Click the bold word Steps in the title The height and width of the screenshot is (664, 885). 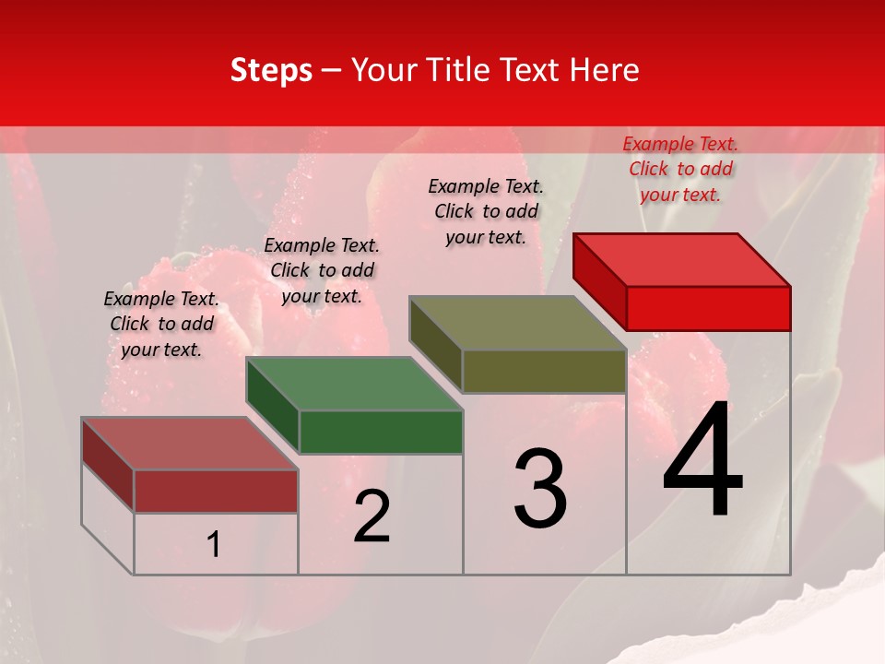271,70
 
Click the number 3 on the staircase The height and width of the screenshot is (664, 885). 540,489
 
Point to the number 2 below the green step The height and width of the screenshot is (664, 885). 372,516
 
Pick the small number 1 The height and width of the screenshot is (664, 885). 214,545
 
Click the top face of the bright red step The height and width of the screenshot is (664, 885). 682,259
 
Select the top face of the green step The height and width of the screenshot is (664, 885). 355,384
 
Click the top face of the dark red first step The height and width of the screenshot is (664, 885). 190,444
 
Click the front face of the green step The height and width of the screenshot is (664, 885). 381,432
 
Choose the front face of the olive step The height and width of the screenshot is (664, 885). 544,371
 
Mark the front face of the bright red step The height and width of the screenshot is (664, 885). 708,308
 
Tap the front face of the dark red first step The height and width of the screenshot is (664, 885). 216,491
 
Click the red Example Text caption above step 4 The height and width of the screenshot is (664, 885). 680,169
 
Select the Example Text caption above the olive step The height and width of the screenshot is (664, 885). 487,211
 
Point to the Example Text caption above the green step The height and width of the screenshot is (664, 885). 322,270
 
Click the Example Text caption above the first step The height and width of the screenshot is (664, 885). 161,324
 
